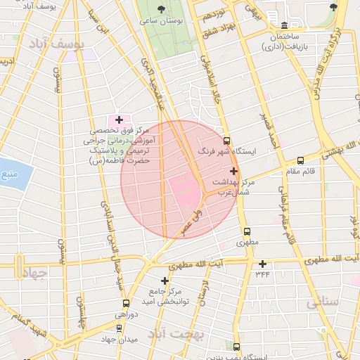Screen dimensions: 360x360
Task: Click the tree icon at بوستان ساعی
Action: pyautogui.click(x=162, y=10)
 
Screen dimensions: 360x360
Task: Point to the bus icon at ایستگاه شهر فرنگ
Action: pyautogui.click(x=226, y=140)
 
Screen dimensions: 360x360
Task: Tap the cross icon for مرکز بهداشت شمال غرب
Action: pyautogui.click(x=233, y=171)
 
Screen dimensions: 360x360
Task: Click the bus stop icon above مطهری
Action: pyautogui.click(x=246, y=231)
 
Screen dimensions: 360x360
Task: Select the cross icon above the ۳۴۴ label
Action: pyautogui.click(x=263, y=264)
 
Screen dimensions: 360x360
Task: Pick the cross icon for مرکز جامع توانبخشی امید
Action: pyautogui.click(x=165, y=280)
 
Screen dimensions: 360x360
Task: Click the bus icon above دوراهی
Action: pyautogui.click(x=125, y=303)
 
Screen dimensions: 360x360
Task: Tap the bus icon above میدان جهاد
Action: pyautogui.click(x=117, y=328)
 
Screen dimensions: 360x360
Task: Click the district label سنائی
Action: pyautogui.click(x=323, y=302)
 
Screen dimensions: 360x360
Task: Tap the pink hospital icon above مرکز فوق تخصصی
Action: pyautogui.click(x=118, y=120)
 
